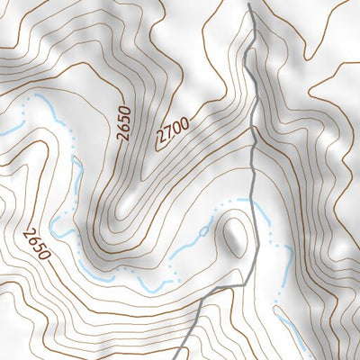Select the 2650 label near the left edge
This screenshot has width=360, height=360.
click(37, 242)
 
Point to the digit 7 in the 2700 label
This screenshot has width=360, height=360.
click(167, 135)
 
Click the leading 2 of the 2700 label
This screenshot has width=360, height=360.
click(161, 141)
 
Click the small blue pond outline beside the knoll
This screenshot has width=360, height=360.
click(205, 231)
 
